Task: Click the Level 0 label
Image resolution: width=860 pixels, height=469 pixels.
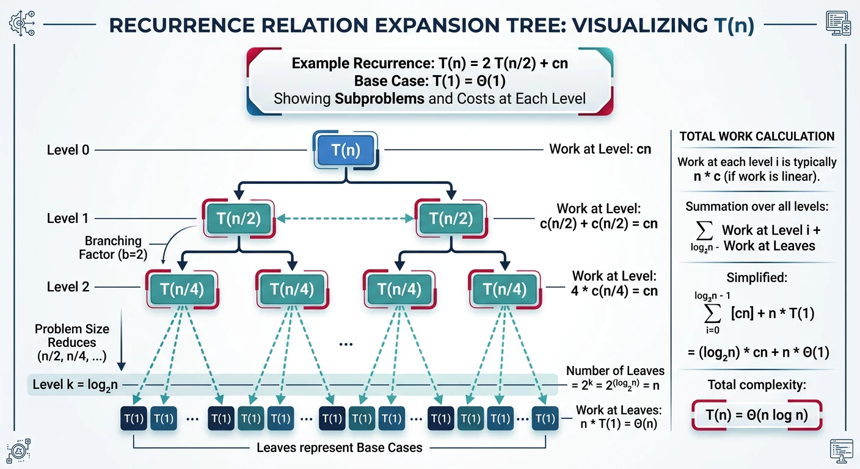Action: [68, 150]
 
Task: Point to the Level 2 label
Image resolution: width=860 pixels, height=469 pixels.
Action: [68, 287]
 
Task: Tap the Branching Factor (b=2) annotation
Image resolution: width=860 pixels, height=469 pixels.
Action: [114, 247]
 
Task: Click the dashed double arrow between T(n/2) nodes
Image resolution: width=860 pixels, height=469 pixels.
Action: [346, 218]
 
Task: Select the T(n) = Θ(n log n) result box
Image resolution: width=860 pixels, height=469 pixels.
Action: [757, 415]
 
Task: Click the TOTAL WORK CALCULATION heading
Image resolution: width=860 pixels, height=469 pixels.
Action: [757, 137]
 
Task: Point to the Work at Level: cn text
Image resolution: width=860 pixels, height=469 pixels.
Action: [600, 149]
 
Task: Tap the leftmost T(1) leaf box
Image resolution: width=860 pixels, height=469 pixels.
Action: [133, 419]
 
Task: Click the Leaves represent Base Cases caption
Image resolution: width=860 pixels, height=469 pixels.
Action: [339, 448]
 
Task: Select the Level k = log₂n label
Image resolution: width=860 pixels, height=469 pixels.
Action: [76, 385]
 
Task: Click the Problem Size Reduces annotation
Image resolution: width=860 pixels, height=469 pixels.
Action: [72, 342]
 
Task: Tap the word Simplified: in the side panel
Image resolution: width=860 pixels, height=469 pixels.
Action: [757, 277]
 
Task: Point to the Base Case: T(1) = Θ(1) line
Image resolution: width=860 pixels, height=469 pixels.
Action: [429, 81]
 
